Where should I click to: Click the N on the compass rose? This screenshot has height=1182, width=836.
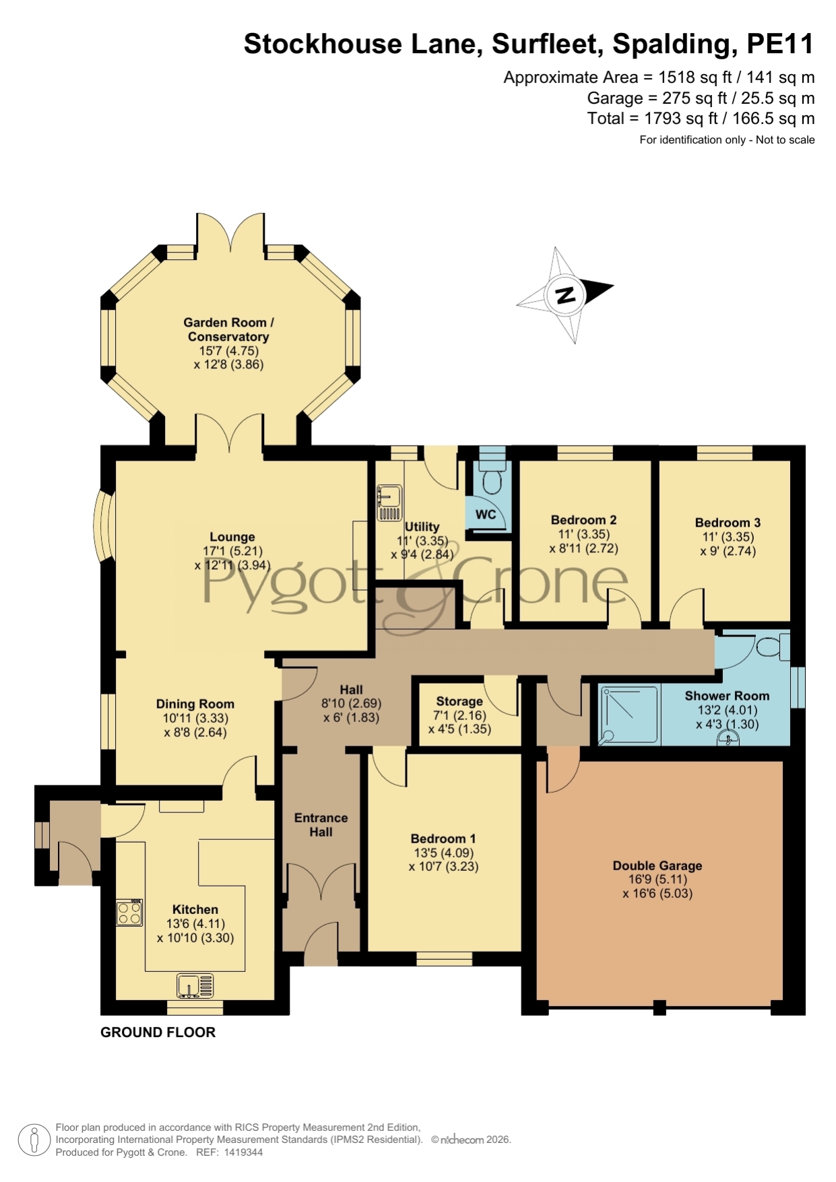[x=565, y=294]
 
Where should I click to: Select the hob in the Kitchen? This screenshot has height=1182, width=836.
[x=129, y=912]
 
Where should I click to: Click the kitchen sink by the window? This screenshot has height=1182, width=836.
[x=195, y=986]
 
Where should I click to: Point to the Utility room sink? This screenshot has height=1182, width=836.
[x=389, y=503]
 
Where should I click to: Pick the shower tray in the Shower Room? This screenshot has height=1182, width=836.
[x=629, y=715]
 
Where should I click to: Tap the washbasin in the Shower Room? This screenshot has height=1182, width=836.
[x=728, y=739]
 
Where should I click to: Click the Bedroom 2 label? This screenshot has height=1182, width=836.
[x=583, y=520]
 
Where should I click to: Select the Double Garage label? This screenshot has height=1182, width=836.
[x=657, y=865]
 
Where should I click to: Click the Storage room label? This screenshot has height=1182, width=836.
[x=459, y=701]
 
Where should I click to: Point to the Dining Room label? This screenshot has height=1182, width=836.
[x=195, y=704]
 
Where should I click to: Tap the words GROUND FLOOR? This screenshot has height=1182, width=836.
[x=158, y=1032]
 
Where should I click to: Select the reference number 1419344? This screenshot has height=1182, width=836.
[x=240, y=1152]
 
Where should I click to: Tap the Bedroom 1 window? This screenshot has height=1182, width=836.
[x=445, y=959]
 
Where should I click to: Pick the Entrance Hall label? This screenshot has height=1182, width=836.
[x=321, y=825]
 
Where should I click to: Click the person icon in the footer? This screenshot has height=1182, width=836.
[x=34, y=1140]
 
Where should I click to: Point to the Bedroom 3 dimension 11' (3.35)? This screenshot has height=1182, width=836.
[x=728, y=537]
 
